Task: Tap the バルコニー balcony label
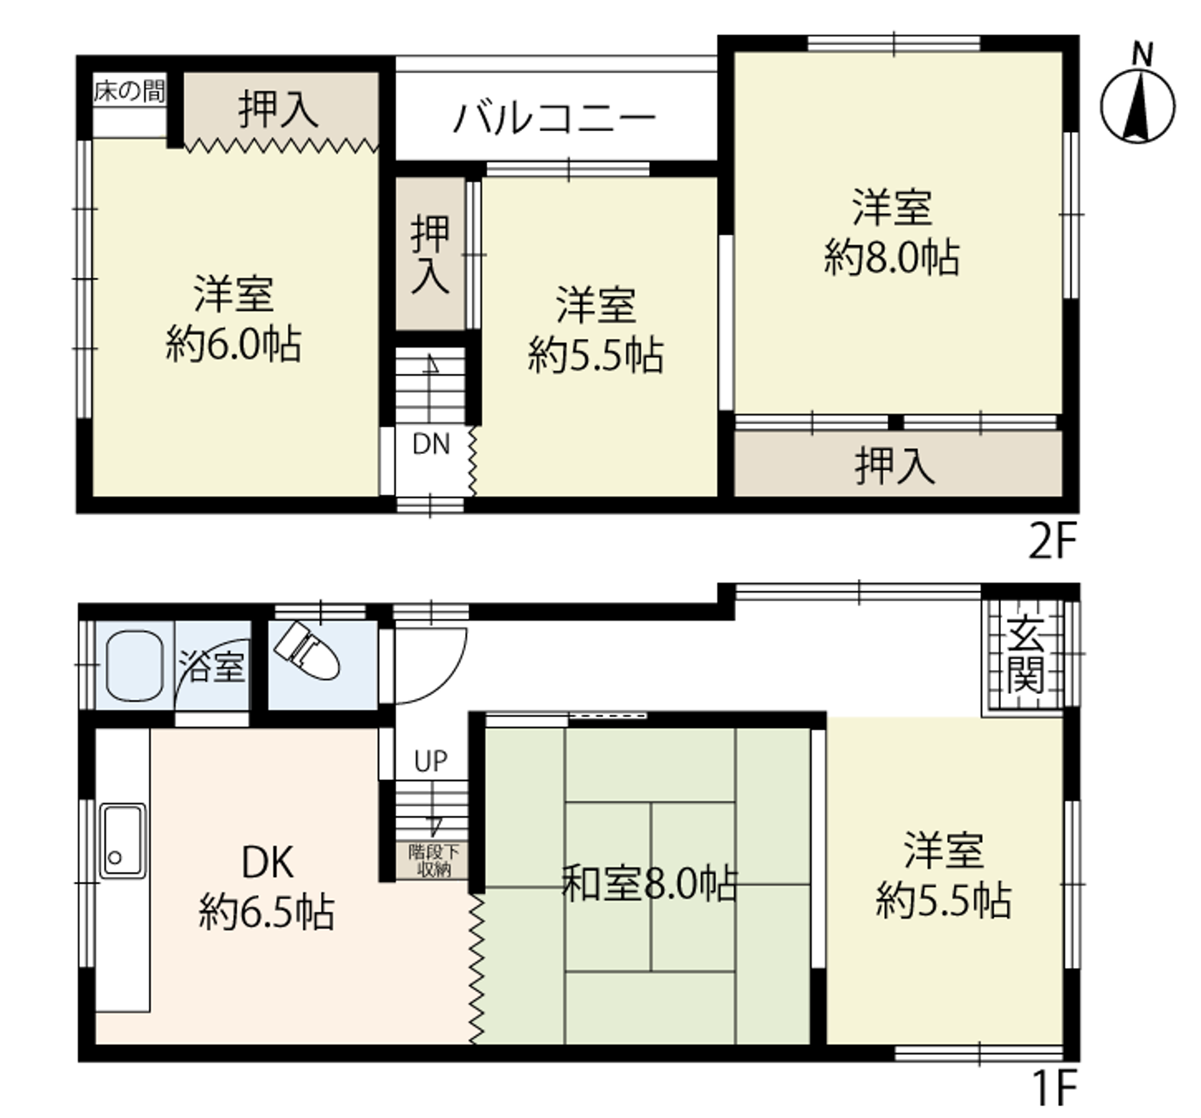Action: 555,118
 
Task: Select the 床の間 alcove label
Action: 129,91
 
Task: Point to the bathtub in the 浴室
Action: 135,666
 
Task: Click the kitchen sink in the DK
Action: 124,840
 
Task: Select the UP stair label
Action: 430,760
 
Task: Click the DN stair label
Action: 430,445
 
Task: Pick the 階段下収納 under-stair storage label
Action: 434,862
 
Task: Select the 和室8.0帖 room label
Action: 650,884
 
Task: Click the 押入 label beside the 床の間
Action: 279,110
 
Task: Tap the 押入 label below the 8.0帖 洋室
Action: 894,465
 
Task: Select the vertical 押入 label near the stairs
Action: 430,255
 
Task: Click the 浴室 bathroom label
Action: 211,667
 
